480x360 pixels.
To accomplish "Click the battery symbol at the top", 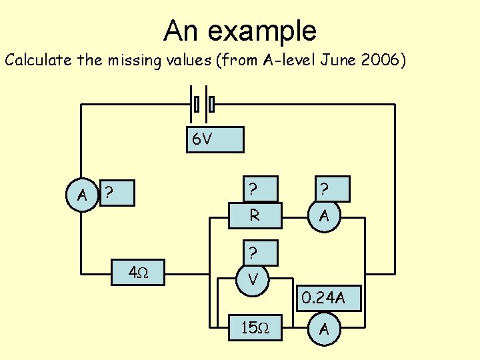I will click(x=204, y=104).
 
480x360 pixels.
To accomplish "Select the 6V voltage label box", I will click(x=215, y=140).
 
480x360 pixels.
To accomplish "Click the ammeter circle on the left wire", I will click(x=82, y=195).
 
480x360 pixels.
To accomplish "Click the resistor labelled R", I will click(x=255, y=215).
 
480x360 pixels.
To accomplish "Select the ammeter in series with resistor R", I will click(x=324, y=215).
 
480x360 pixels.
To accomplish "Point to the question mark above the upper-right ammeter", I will click(x=325, y=190).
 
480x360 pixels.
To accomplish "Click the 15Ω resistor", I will click(x=255, y=328).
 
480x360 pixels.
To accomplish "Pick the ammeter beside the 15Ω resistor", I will click(x=324, y=328).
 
